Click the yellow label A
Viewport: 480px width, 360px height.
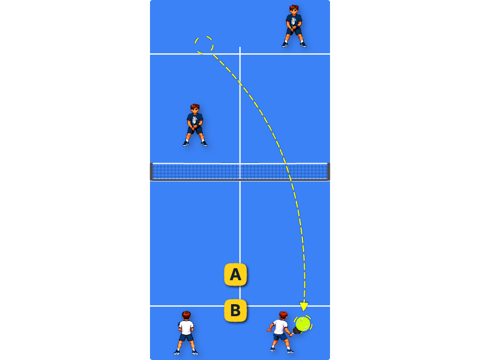point(235,274)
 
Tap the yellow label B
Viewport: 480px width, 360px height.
point(235,310)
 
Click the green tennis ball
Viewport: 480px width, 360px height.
point(303,324)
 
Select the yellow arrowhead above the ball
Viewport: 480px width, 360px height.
point(304,307)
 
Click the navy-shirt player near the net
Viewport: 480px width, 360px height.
point(195,125)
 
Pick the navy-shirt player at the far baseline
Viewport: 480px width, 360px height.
point(294,26)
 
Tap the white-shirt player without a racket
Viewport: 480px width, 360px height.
point(186,333)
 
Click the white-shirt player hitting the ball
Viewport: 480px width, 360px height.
point(280,332)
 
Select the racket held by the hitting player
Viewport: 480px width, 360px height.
point(296,331)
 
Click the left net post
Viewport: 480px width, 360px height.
point(151,172)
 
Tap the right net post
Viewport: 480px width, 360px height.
point(329,172)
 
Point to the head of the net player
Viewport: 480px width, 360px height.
point(194,109)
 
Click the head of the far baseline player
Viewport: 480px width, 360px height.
point(294,10)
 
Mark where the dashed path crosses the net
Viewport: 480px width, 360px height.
point(289,172)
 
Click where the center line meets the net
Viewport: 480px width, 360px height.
point(240,172)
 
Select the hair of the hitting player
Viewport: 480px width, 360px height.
point(283,314)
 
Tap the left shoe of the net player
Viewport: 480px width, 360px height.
point(186,143)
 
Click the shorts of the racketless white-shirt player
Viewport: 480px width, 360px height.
point(186,337)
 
